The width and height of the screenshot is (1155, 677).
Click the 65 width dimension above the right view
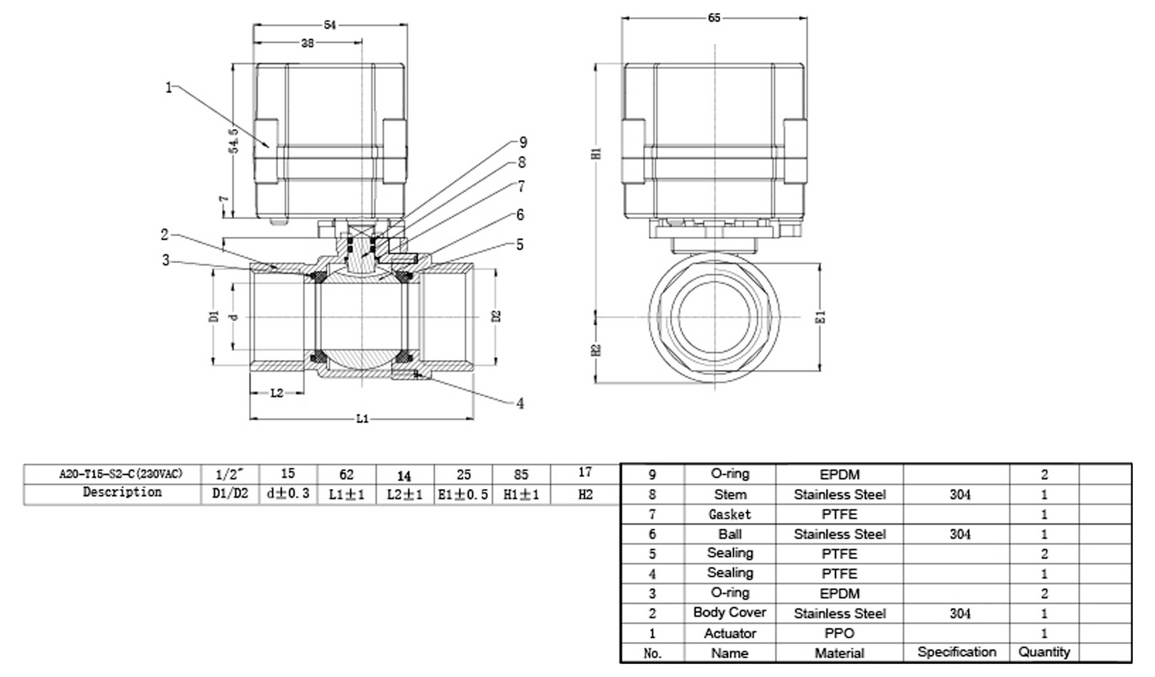(714, 18)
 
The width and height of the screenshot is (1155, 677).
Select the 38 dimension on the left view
(308, 43)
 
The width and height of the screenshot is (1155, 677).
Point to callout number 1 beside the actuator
(168, 88)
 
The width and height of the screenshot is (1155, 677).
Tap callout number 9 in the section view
(523, 142)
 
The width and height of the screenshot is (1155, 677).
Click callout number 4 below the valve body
(520, 404)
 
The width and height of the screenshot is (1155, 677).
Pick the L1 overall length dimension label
(362, 419)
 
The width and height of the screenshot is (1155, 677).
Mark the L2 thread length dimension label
(277, 393)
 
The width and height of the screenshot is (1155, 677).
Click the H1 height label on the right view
(597, 153)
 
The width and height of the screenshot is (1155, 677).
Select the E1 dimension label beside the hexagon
(821, 317)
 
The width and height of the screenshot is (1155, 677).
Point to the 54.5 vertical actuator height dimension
(233, 141)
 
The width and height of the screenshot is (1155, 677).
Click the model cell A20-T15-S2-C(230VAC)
(121, 474)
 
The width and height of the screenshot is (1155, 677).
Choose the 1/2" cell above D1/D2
(230, 474)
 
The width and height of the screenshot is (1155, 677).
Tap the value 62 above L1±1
(346, 474)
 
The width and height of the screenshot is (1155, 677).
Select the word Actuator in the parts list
(730, 633)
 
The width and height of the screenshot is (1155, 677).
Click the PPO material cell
(839, 633)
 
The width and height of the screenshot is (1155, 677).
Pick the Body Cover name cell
(730, 613)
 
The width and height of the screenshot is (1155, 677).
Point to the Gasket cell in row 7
(730, 514)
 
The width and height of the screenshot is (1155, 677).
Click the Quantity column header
(1044, 652)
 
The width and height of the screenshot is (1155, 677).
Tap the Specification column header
(957, 652)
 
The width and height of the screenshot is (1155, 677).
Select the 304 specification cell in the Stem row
(960, 495)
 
